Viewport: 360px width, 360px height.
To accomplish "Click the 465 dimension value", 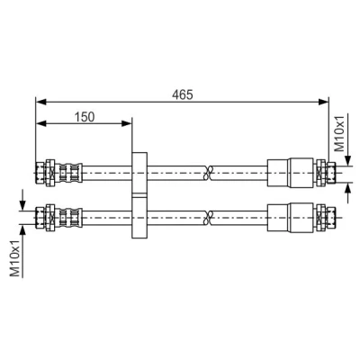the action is click(x=183, y=94).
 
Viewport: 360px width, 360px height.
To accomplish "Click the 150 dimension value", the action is click(x=85, y=117).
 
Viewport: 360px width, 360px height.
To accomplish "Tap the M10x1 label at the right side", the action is click(x=339, y=134).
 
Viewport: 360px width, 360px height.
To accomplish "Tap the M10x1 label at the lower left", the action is click(x=14, y=259).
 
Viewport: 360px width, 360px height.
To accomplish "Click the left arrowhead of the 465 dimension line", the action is click(x=41, y=102).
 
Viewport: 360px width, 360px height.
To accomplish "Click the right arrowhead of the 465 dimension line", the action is click(x=323, y=102).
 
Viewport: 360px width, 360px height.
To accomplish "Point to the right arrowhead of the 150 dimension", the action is click(x=126, y=123).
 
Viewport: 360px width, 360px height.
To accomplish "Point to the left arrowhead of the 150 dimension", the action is click(x=41, y=123).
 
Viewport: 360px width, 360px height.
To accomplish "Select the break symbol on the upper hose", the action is click(x=208, y=173).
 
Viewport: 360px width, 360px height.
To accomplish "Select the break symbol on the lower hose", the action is click(x=208, y=218).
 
